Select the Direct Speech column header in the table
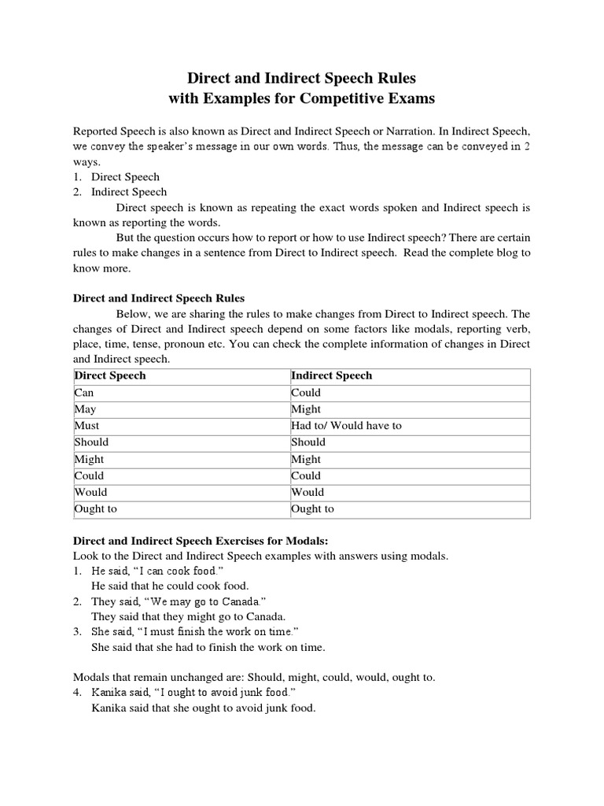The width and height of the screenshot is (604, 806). pos(110,375)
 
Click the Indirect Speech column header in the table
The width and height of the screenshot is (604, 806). pos(331,375)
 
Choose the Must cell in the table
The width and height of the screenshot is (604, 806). pos(87,425)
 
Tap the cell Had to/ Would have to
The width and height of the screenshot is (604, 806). pos(346,425)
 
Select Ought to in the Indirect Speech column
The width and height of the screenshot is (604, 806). pos(312,508)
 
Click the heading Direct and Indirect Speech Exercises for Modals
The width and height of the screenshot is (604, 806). pos(200,540)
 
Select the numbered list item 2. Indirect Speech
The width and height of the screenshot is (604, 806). pos(128,191)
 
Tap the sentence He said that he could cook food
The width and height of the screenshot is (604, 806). pos(170,586)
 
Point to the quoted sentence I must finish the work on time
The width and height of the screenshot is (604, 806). pos(216,632)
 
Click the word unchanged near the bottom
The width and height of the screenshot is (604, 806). pos(184,677)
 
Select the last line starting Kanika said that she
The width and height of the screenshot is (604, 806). pos(203,708)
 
